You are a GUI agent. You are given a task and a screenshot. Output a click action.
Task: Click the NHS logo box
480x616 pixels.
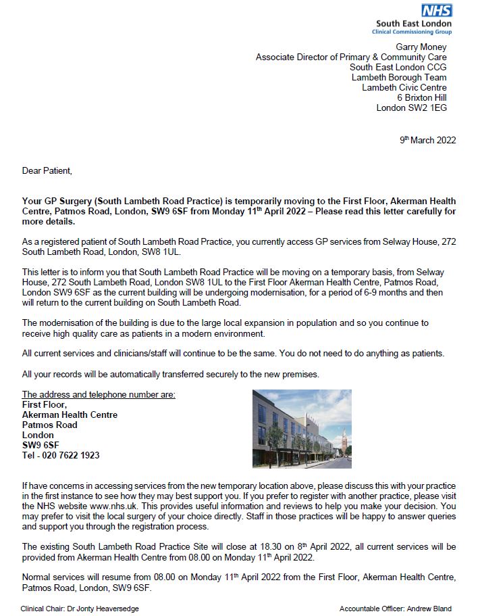tap(437, 10)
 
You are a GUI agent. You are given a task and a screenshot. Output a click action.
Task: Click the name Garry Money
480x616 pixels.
tap(421, 47)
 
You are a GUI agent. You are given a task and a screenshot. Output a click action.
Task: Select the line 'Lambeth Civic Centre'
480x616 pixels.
tap(404, 87)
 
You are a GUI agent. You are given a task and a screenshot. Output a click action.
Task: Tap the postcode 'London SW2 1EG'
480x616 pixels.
tap(411, 108)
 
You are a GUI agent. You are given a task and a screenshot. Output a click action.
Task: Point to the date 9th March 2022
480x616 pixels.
tap(428, 141)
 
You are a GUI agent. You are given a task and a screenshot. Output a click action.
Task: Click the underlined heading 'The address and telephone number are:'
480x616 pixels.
tap(99, 394)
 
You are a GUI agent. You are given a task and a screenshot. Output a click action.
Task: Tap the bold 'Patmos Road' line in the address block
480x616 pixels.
tap(49, 425)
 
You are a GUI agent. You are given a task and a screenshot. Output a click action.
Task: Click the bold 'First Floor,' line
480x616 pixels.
tap(45, 404)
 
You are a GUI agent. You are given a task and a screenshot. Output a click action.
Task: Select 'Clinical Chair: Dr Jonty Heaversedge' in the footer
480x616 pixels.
tap(80, 609)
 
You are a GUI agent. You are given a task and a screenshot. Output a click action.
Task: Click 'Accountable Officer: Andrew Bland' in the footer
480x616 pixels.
tap(395, 609)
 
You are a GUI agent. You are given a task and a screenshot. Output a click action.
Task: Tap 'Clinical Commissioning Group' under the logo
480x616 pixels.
tap(413, 32)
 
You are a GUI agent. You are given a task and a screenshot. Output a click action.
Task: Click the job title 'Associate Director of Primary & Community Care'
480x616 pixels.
tap(351, 57)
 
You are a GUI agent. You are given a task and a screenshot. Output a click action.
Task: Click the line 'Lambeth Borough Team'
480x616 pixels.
tap(399, 77)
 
